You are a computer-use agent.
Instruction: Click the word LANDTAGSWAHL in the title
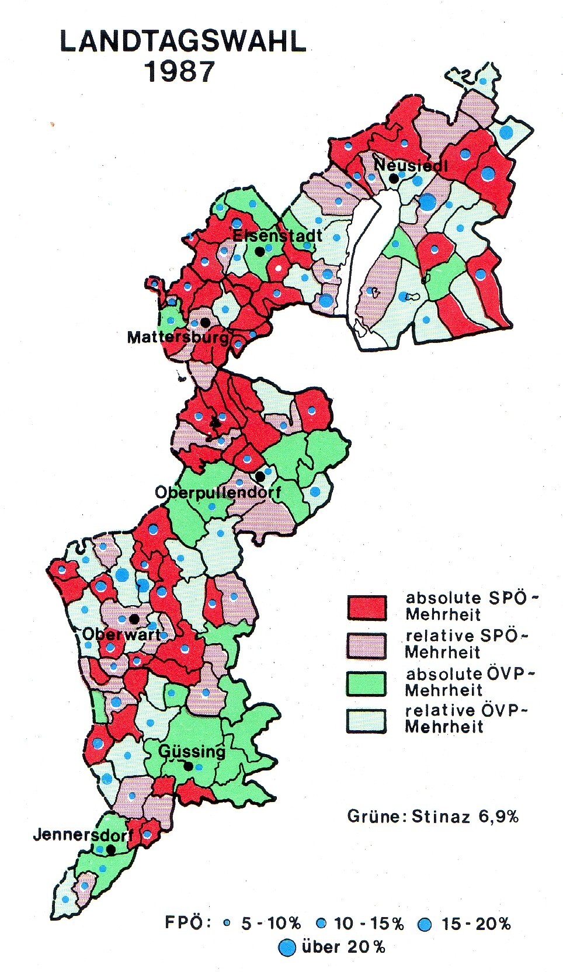pos(183,44)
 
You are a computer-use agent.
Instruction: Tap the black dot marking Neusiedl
pos(395,178)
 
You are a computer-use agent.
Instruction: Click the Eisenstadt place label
pos(277,235)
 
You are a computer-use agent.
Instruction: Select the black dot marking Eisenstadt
pos(259,251)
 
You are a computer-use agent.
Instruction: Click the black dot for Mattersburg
pos(204,322)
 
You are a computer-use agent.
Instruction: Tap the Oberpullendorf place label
pos(217,492)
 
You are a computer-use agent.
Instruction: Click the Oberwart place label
pos(121,634)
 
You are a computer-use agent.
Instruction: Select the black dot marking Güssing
pos(188,766)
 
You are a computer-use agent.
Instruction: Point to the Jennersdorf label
pos(81,834)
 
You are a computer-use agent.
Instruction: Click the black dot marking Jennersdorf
pos(110,850)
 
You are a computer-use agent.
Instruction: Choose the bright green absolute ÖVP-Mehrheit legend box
pos(366,682)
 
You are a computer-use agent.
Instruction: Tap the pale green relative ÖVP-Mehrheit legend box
pos(366,720)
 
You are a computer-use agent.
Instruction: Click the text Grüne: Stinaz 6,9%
pos(433,815)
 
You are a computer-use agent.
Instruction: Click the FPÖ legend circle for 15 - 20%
pos(425,924)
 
